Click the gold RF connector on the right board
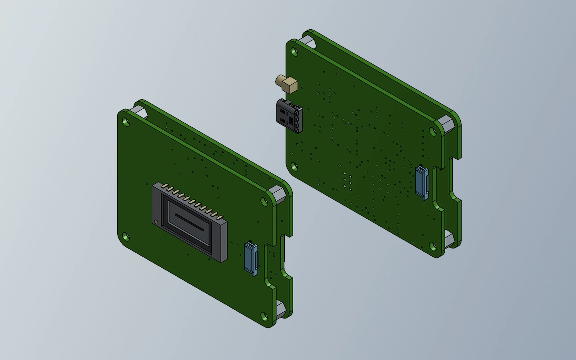click(x=287, y=83)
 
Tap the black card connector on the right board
click(x=289, y=116)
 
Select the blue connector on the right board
click(x=422, y=182)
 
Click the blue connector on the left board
click(x=250, y=258)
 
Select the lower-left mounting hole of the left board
click(x=126, y=237)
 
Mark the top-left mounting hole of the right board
click(x=294, y=52)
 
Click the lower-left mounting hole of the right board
click(x=294, y=166)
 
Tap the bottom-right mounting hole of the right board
click(x=432, y=246)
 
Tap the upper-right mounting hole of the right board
click(x=433, y=132)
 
